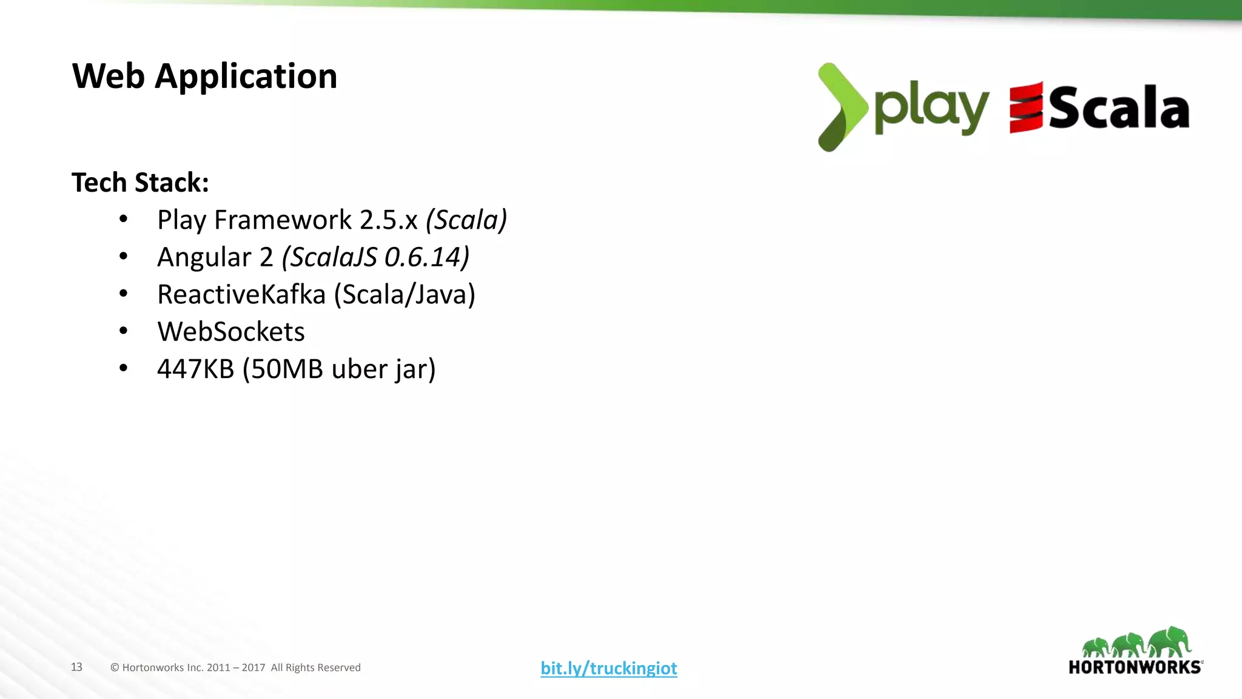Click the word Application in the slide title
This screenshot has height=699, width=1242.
tap(246, 77)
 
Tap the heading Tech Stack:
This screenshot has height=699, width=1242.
tap(140, 183)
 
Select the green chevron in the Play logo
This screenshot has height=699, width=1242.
tap(841, 107)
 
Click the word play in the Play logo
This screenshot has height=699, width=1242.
tap(931, 109)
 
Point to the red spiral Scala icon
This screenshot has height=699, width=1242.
tap(1025, 107)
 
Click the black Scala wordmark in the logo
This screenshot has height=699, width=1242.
tap(1119, 108)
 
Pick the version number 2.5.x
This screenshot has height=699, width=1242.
tap(389, 220)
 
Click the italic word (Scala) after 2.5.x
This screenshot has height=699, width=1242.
tap(466, 220)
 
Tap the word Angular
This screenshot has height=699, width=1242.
tap(204, 257)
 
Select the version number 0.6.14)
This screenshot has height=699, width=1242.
tap(427, 257)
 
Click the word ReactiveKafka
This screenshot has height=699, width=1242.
tap(241, 295)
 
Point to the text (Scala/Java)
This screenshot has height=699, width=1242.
tap(404, 295)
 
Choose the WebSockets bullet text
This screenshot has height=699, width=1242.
tap(231, 332)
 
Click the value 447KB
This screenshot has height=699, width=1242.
tap(195, 369)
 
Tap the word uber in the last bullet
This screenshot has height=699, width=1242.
tap(358, 369)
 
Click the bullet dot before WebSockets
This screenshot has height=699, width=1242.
tap(124, 331)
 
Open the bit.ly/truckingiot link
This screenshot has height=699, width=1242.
tap(609, 668)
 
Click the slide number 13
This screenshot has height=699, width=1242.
tap(76, 667)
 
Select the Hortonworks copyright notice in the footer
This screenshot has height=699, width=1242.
tap(235, 667)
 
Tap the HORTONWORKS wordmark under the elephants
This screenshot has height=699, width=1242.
tap(1135, 667)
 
